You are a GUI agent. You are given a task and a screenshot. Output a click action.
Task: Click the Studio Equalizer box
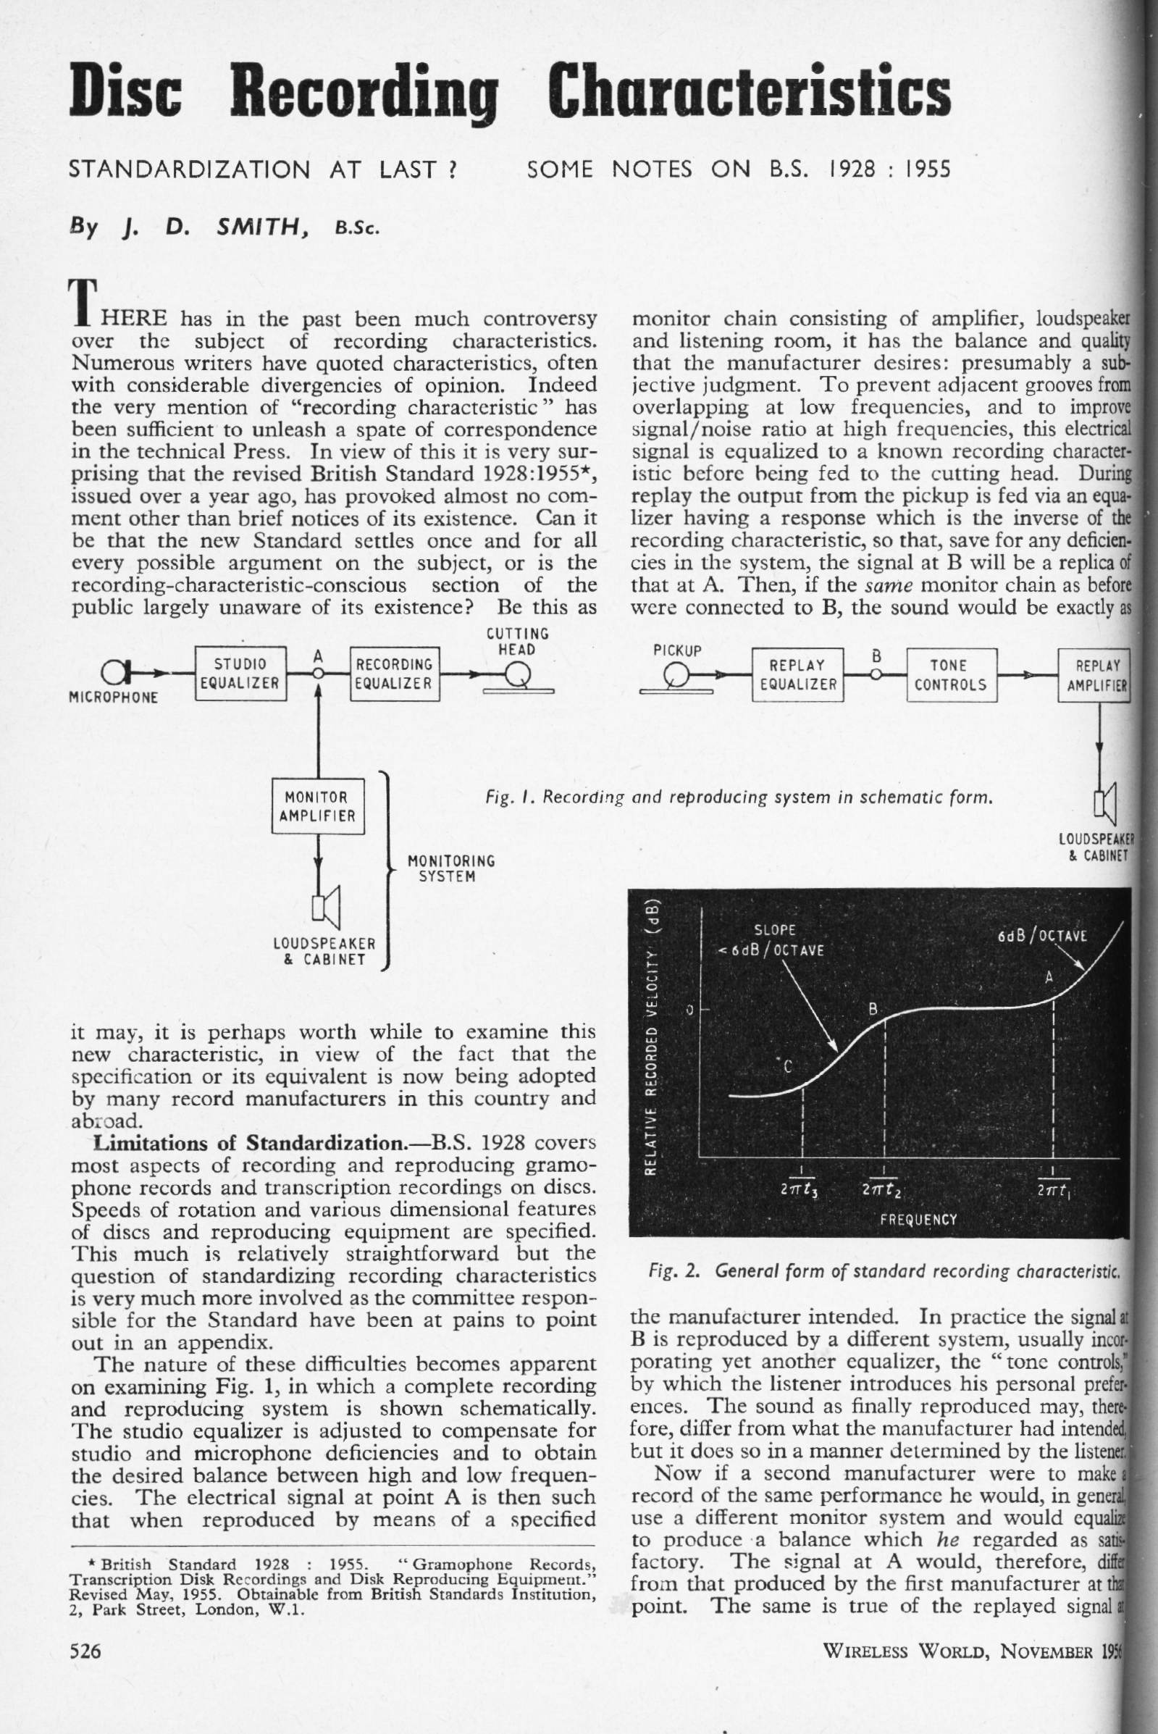240,673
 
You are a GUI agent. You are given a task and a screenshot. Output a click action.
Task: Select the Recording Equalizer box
395,673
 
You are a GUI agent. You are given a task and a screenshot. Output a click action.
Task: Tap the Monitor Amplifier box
319,805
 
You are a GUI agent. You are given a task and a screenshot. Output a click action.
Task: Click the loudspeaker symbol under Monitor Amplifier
326,907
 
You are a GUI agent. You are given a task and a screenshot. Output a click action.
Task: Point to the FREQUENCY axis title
918,1218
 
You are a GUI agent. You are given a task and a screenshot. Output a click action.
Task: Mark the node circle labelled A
319,673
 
